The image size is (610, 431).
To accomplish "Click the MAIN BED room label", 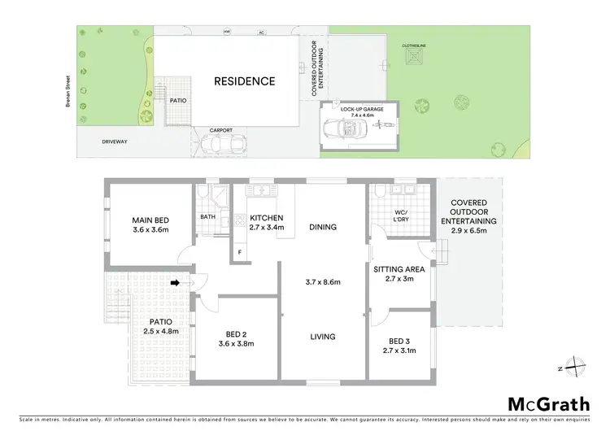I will tap(151, 220).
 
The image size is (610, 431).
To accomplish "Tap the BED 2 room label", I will tap(233, 334).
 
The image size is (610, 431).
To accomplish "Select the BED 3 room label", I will tap(399, 341).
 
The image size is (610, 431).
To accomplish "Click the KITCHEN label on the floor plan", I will tap(266, 218).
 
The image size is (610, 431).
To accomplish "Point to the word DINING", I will tap(323, 227).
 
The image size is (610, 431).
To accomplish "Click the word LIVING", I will tap(323, 337).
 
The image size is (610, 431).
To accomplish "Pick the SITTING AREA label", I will tap(399, 269).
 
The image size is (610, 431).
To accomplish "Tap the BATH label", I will tap(207, 217).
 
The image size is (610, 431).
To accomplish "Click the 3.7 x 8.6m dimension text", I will tap(323, 282).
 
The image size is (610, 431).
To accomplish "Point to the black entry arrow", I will tap(176, 283).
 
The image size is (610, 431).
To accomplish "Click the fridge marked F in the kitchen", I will tap(240, 252).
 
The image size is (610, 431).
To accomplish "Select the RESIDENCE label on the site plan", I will tap(244, 81).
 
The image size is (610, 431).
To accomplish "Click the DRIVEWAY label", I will tap(115, 141).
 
